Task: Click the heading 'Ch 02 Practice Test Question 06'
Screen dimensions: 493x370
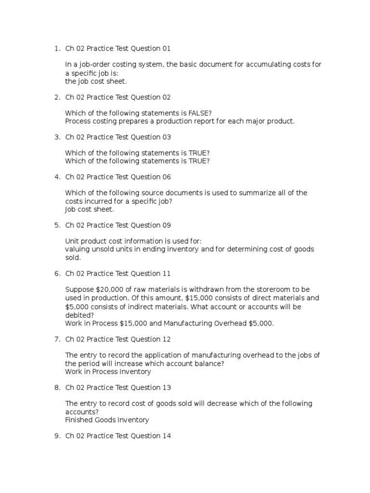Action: (x=118, y=177)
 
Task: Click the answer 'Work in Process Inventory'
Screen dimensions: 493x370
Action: (x=108, y=372)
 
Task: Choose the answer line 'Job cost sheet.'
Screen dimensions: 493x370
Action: (x=90, y=209)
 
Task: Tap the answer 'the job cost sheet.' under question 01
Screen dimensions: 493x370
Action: (x=96, y=81)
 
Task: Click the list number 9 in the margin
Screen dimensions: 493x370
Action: (x=56, y=436)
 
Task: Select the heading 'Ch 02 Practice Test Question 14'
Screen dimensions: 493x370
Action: (x=118, y=436)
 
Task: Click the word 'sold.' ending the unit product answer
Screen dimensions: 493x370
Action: (x=73, y=258)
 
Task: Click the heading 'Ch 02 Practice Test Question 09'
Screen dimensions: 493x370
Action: (x=118, y=225)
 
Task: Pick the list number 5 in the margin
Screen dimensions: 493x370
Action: (x=56, y=225)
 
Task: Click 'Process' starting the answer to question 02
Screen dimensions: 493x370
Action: (x=78, y=121)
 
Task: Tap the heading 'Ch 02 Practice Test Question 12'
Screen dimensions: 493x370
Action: (x=118, y=339)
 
